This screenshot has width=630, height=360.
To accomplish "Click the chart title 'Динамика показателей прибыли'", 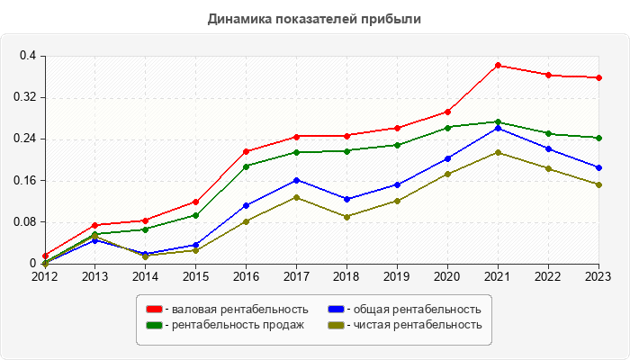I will pos(314,18).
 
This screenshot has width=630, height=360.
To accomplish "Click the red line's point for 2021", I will pos(498,65).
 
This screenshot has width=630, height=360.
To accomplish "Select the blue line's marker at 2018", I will pos(346,199).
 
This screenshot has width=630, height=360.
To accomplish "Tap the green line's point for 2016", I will pos(246,166).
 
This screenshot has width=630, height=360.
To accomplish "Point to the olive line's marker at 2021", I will pos(498,152).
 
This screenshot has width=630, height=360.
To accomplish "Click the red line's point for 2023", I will pos(598,77).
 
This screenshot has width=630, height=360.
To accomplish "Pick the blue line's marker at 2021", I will pos(498,128).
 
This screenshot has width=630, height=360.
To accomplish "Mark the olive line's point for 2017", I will pos(296,197).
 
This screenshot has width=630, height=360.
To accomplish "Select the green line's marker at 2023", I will pos(598,138).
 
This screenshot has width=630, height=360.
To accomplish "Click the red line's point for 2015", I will pos(195,202).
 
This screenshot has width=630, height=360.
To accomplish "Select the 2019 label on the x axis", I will pos(397,276).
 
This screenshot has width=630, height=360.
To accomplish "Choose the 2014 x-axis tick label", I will pos(145,276).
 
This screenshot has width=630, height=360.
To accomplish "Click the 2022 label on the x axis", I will pos(548,276).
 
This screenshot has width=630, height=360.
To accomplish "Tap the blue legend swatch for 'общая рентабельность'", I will pos(336,310).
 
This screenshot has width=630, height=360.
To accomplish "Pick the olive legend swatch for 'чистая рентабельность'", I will pos(336,324).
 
